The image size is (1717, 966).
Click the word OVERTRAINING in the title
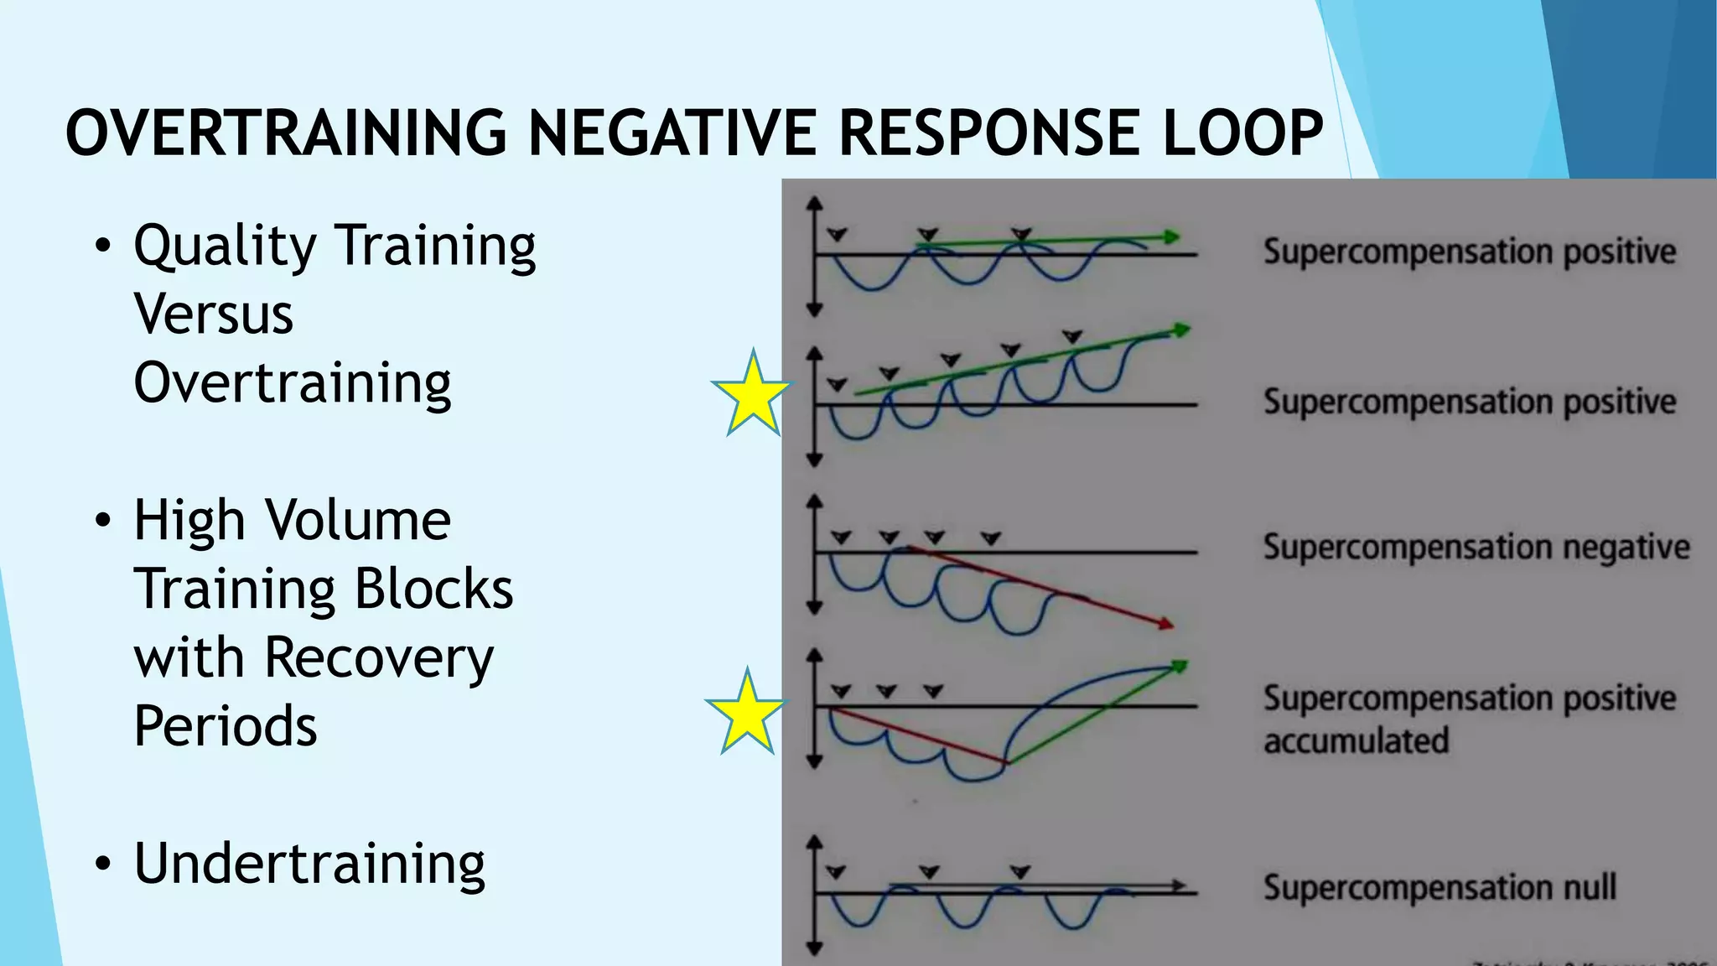click(286, 133)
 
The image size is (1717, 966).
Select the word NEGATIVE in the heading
click(672, 133)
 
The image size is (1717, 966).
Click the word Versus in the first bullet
click(214, 314)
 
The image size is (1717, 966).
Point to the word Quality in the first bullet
click(225, 247)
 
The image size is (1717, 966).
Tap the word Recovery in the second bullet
click(379, 657)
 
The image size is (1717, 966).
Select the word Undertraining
click(309, 864)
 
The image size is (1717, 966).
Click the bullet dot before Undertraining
click(102, 864)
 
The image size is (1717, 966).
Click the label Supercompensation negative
click(1476, 548)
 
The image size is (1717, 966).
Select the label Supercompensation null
click(1439, 887)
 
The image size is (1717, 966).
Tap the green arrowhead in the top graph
click(1172, 237)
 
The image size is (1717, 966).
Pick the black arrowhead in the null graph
click(1179, 885)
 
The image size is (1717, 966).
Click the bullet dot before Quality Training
click(102, 247)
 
